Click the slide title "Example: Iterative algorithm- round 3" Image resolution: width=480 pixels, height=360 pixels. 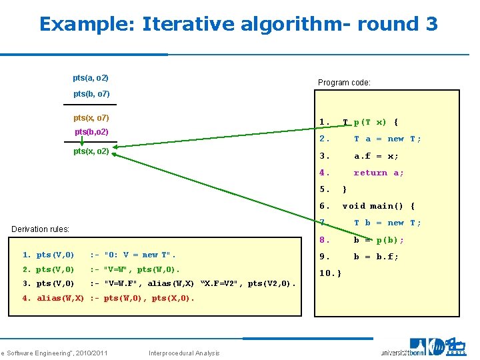point(238,25)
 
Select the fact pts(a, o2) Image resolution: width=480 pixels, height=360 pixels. point(91,78)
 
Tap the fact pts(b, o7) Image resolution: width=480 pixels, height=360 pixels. point(91,94)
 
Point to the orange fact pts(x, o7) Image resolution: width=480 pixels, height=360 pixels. point(91,118)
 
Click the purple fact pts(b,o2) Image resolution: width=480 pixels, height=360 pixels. point(92,132)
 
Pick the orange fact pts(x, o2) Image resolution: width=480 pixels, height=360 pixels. point(91,151)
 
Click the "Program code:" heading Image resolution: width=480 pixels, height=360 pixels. point(344,83)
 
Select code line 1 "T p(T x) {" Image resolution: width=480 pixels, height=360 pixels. point(370,123)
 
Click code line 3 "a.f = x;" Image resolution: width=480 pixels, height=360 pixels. point(376,156)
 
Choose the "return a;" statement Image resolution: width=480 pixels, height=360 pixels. point(378,173)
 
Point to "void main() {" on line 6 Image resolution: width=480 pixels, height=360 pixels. point(378,206)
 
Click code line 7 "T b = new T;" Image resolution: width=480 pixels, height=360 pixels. point(387,223)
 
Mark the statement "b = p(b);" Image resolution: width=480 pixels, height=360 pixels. point(378,240)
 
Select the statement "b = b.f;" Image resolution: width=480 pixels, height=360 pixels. point(376,257)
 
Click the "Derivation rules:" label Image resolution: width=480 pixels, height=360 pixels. point(41,229)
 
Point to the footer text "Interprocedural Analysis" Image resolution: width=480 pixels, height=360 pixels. point(185,353)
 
